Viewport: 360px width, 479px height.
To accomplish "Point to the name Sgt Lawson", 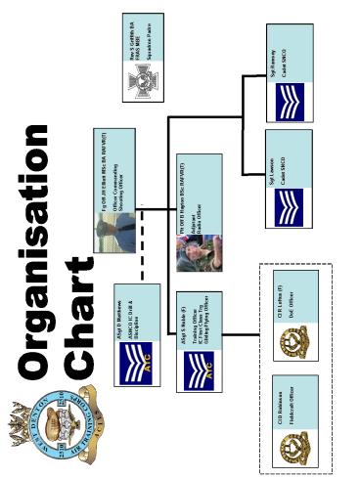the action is (x=275, y=172).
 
